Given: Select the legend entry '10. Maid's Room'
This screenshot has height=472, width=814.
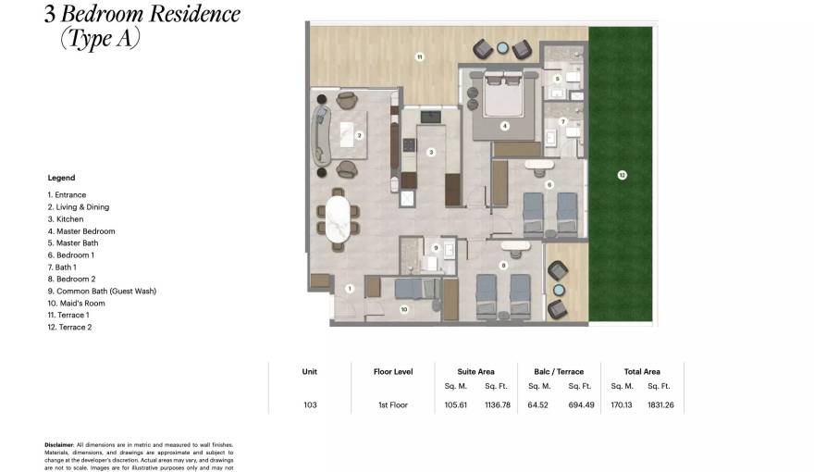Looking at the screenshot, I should (76, 303).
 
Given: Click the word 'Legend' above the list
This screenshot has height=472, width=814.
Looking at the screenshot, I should (61, 178).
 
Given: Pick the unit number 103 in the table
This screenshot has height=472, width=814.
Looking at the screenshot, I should (309, 404).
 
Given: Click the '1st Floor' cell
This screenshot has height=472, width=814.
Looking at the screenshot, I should (392, 404).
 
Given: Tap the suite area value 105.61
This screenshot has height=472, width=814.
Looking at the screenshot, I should (456, 404).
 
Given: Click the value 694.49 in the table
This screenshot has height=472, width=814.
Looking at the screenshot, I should (579, 404).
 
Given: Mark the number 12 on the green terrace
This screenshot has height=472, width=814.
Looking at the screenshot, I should (622, 174).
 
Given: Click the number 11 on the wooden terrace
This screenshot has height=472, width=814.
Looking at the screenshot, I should (419, 57).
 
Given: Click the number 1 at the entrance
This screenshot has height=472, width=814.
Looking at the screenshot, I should (350, 289).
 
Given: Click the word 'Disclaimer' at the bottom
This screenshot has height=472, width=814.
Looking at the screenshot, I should (59, 444).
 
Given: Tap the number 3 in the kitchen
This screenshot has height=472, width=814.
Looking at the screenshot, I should (430, 152).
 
